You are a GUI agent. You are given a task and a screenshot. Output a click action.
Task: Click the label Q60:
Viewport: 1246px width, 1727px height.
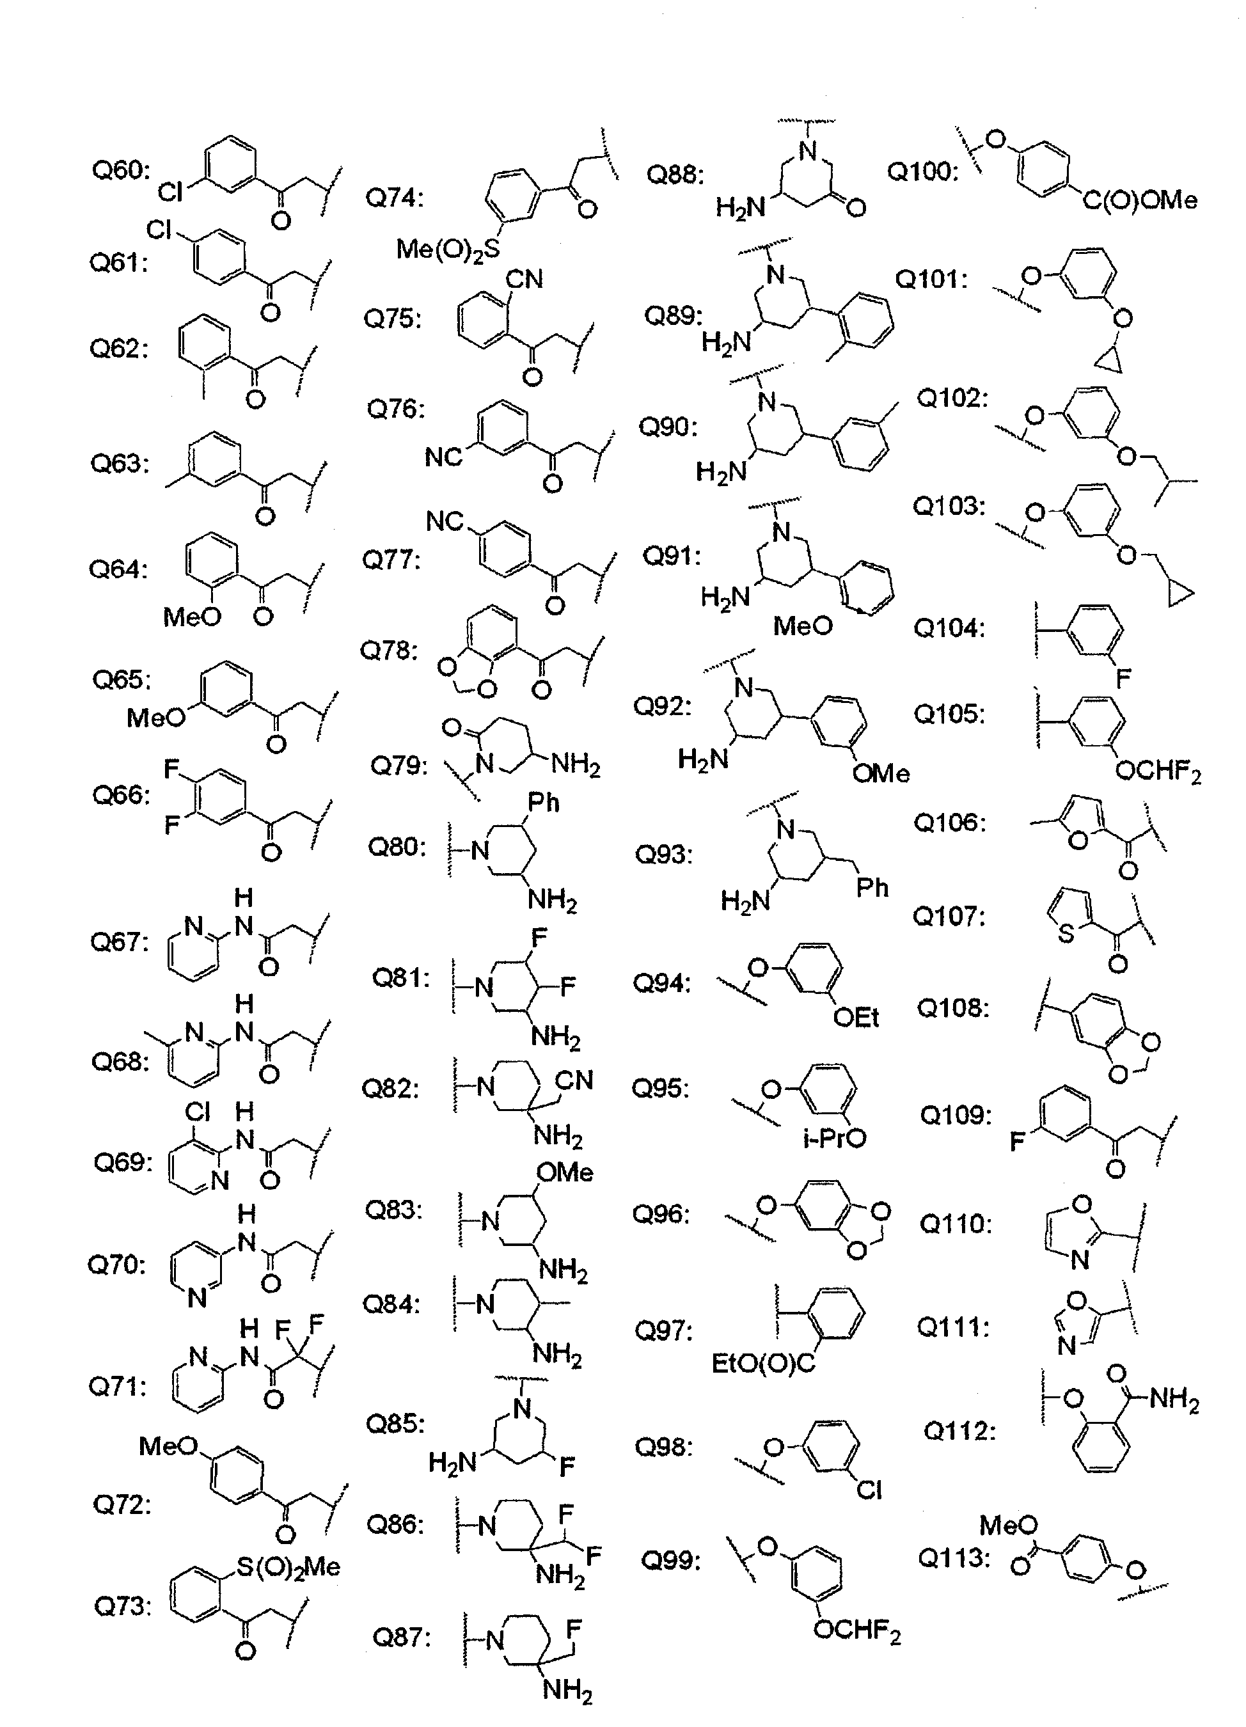[x=121, y=170]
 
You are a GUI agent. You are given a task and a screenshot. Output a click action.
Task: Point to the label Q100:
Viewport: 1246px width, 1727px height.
[x=922, y=171]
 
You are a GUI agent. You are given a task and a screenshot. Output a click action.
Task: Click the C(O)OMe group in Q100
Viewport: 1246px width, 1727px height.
[x=1140, y=200]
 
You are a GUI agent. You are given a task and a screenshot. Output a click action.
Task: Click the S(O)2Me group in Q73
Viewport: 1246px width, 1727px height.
[x=287, y=1566]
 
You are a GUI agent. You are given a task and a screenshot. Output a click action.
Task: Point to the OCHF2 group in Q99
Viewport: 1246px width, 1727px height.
[x=857, y=1630]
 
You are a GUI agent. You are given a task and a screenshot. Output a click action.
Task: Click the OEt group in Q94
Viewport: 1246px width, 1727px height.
[x=857, y=1017]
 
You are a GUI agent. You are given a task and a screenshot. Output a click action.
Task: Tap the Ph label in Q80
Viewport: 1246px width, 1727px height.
[x=543, y=803]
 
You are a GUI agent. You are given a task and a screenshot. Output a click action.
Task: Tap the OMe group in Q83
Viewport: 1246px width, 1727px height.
[x=564, y=1172]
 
